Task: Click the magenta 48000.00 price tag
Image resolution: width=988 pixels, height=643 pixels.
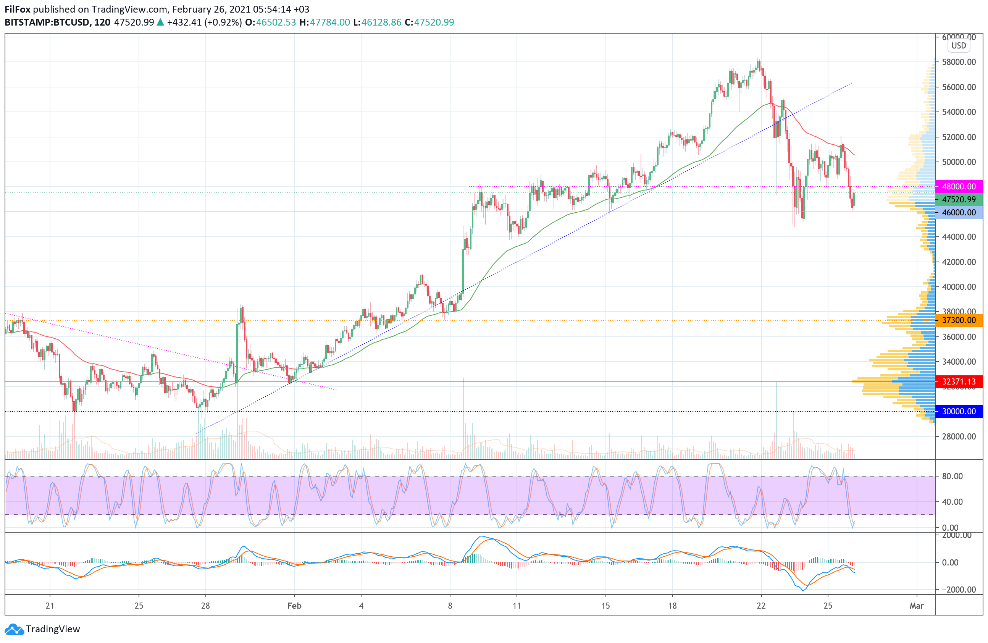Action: click(x=959, y=186)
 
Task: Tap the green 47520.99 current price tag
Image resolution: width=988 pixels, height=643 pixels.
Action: click(x=959, y=200)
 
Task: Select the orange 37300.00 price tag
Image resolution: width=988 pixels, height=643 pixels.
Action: click(x=959, y=320)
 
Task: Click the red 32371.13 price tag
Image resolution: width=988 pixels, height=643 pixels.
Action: click(x=959, y=381)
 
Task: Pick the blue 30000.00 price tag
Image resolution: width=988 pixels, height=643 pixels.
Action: click(x=959, y=411)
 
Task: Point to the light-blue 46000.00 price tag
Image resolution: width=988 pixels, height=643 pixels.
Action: click(x=959, y=213)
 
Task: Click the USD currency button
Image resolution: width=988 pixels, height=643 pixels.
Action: click(x=959, y=45)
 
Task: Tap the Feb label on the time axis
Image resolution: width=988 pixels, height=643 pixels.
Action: click(x=294, y=606)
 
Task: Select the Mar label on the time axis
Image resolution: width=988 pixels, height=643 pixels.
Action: click(x=916, y=606)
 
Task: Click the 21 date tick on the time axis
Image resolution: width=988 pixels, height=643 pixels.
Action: click(x=50, y=606)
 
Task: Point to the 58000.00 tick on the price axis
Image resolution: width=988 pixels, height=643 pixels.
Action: click(x=959, y=62)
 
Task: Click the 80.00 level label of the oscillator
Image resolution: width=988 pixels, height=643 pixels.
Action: click(x=952, y=476)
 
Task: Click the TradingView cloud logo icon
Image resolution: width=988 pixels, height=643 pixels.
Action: click(x=15, y=629)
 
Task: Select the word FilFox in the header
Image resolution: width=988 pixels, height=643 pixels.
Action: click(x=18, y=9)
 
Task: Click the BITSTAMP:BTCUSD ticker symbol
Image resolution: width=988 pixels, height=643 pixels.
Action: click(x=47, y=23)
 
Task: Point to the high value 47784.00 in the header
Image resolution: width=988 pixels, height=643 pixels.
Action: click(x=329, y=23)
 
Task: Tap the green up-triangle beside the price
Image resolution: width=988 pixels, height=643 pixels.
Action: click(x=160, y=23)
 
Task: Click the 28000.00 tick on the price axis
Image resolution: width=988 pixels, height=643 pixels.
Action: click(x=959, y=436)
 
